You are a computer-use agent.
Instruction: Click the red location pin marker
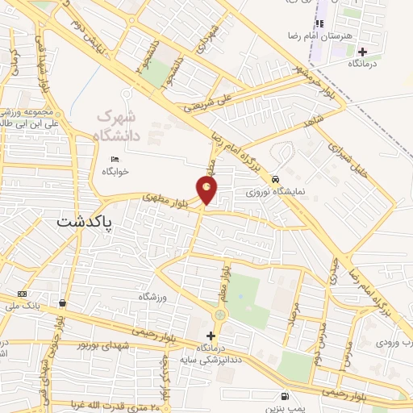tap(208, 190)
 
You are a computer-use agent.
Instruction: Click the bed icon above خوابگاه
tap(115, 159)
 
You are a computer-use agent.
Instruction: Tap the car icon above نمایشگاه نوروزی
tap(277, 179)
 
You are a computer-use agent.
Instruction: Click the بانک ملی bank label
tap(23, 305)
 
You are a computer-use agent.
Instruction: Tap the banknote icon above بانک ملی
tap(22, 293)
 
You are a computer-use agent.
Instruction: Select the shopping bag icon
tap(62, 303)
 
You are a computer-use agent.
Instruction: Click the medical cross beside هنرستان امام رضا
tap(361, 51)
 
